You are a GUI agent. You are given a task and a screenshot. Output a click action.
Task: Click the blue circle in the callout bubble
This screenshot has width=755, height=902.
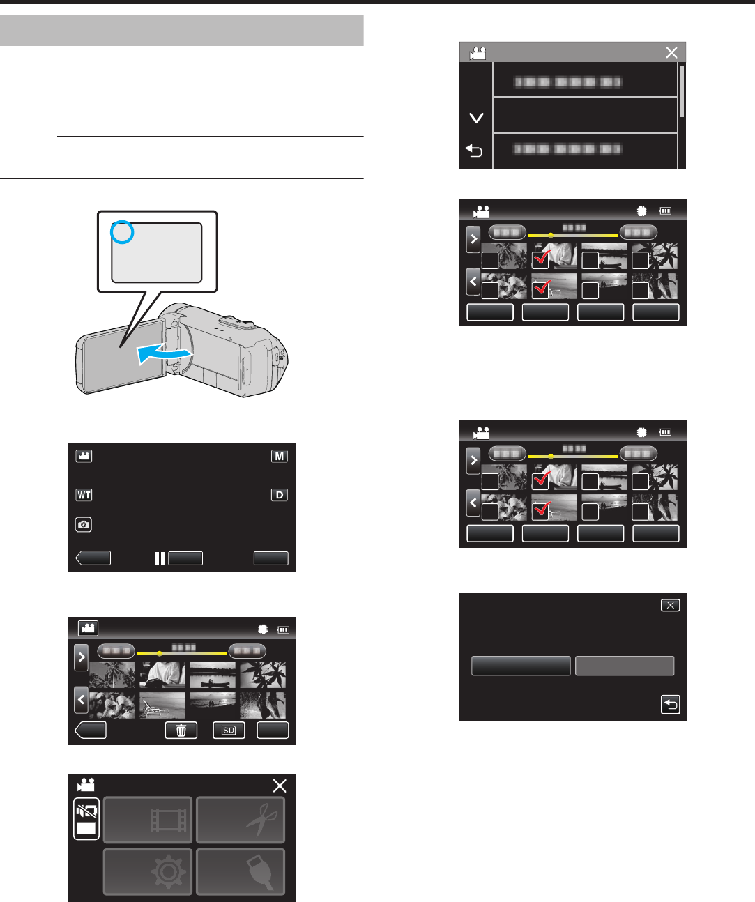pyautogui.click(x=122, y=234)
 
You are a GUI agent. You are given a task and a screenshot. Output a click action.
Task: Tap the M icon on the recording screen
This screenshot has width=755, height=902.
pyautogui.click(x=280, y=457)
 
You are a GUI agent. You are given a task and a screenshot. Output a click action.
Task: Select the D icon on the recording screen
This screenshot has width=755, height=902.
pyautogui.click(x=280, y=495)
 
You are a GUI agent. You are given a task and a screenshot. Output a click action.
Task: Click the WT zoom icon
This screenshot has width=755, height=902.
pyautogui.click(x=84, y=495)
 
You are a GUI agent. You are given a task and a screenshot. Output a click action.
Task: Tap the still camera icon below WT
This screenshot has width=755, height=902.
pyautogui.click(x=84, y=525)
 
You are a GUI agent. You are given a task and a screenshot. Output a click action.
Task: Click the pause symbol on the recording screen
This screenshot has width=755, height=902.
pyautogui.click(x=160, y=558)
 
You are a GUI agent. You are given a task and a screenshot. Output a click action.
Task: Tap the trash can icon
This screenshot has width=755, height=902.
pyautogui.click(x=181, y=730)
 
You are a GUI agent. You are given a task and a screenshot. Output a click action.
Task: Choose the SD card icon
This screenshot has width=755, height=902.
pyautogui.click(x=229, y=730)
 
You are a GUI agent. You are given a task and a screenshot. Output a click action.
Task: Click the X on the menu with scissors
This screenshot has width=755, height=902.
pyautogui.click(x=280, y=786)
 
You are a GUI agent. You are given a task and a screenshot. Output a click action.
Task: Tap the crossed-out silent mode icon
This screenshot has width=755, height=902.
pyautogui.click(x=87, y=813)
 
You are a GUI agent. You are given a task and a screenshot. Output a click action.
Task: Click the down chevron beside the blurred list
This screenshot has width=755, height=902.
pyautogui.click(x=476, y=119)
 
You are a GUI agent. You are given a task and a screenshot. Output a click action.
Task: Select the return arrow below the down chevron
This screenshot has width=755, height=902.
pyautogui.click(x=474, y=151)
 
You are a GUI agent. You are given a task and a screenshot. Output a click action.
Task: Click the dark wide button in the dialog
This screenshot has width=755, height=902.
pyautogui.click(x=521, y=666)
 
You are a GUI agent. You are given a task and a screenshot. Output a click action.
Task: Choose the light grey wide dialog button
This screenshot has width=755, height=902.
pyautogui.click(x=625, y=666)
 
